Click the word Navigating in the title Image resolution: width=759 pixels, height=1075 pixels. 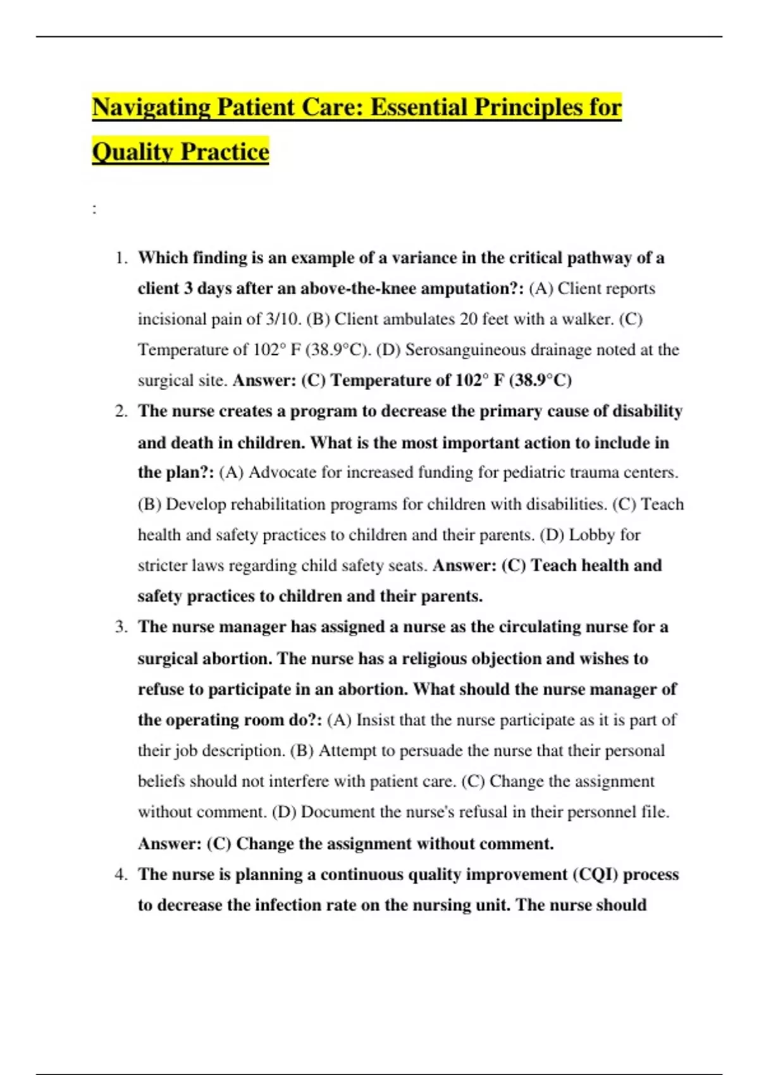tap(151, 107)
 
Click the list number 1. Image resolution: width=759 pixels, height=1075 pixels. tap(121, 258)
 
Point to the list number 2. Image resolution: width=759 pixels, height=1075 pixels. tap(121, 412)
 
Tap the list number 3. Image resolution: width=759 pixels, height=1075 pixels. tap(121, 627)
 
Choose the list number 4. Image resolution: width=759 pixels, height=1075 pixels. tap(121, 875)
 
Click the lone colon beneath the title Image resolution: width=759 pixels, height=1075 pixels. tap(95, 209)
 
